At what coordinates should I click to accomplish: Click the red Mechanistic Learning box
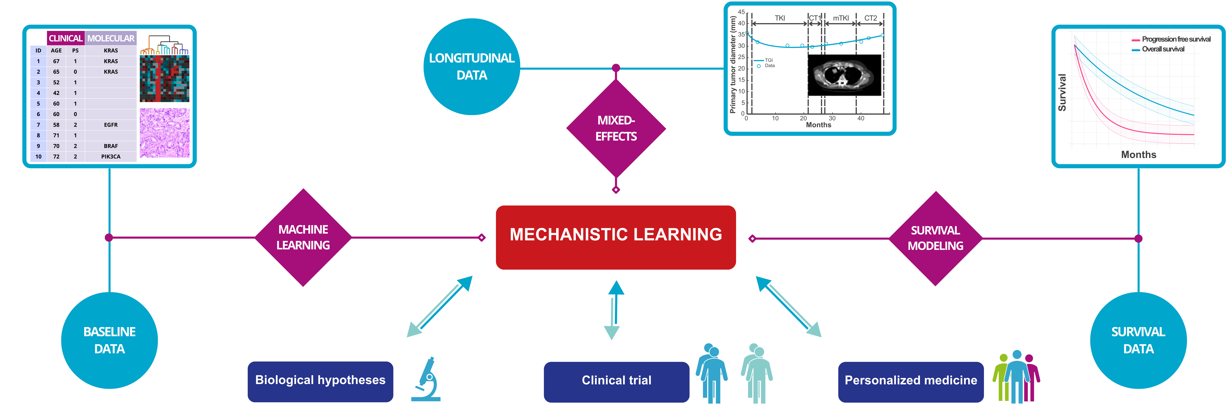point(616,237)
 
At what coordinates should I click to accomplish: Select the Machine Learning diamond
point(303,237)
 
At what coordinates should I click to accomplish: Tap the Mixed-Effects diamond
point(616,128)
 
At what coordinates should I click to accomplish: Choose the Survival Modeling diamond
point(935,238)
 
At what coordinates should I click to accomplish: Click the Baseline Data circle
point(110,340)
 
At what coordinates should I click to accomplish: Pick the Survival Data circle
point(1138,340)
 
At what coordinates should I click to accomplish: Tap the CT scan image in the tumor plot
point(844,75)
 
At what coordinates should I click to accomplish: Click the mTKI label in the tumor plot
point(841,18)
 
